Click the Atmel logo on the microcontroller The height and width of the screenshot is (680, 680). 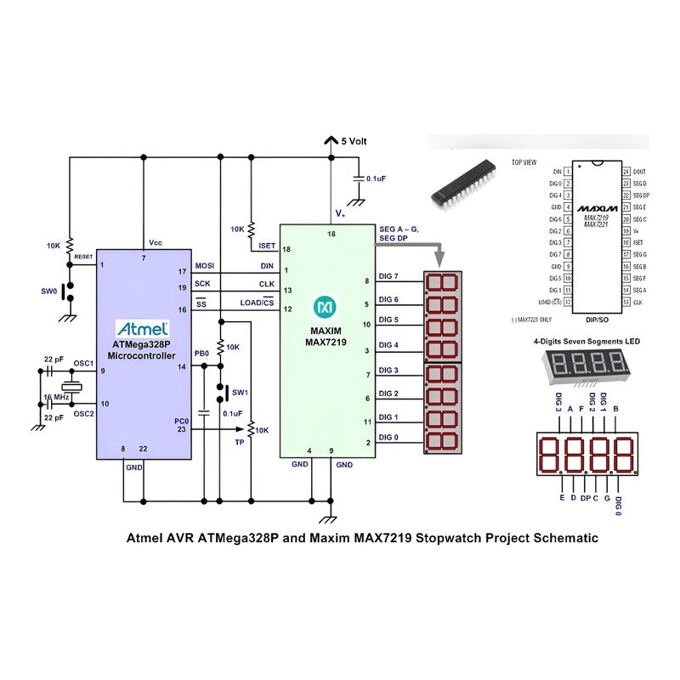[x=142, y=328]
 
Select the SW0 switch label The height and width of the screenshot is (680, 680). [x=50, y=290]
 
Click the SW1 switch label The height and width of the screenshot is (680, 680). [x=241, y=393]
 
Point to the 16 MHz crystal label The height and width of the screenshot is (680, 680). [x=55, y=398]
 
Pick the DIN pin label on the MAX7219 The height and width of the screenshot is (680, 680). [x=266, y=266]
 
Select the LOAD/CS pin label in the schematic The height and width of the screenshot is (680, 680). [x=256, y=303]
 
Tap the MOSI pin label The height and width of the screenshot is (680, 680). [x=205, y=266]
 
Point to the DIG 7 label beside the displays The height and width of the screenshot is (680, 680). [x=388, y=276]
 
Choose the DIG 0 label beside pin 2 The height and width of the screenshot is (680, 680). [x=388, y=438]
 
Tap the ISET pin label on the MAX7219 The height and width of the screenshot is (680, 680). [x=266, y=246]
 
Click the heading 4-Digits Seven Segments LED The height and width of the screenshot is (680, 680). [x=586, y=341]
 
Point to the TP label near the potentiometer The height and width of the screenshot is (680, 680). [x=241, y=443]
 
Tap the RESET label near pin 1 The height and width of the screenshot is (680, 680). [x=83, y=256]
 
